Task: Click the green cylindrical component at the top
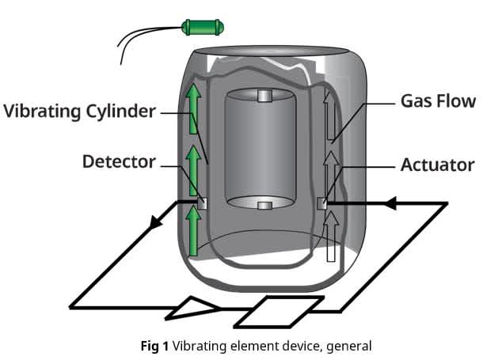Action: (x=203, y=28)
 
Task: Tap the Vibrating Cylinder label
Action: (x=79, y=111)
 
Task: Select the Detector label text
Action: (x=119, y=162)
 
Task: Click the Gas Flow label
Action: (x=438, y=101)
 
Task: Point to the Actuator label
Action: (x=437, y=165)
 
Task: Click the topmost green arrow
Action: (x=192, y=112)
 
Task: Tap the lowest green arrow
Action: (x=192, y=229)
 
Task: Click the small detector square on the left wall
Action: (x=203, y=203)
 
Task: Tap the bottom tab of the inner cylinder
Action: (x=266, y=206)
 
